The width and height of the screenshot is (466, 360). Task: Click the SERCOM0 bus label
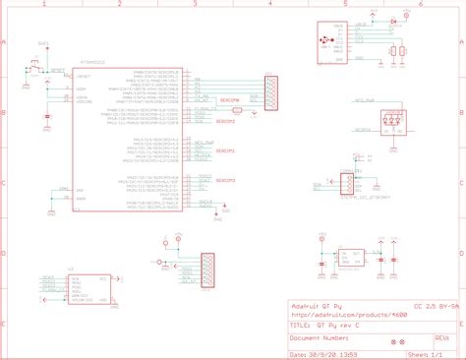pos(228,100)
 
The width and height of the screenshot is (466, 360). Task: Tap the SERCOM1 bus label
pos(226,150)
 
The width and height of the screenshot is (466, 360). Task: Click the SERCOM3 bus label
pos(226,180)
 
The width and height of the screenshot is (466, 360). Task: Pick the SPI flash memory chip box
pos(88,284)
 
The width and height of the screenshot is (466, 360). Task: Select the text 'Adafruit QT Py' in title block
pos(320,303)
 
